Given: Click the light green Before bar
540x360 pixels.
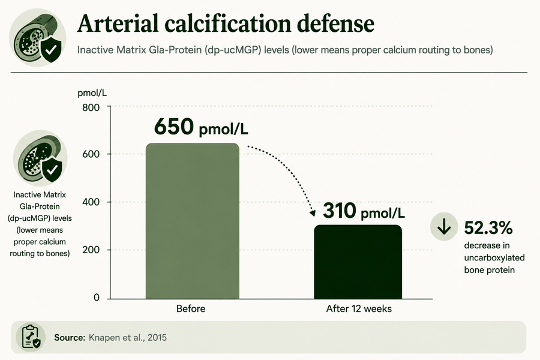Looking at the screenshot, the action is [193, 221].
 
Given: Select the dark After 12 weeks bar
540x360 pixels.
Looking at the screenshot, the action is [358, 262].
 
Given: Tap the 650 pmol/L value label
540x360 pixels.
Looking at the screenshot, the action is [201, 127].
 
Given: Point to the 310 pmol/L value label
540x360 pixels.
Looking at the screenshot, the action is [364, 211].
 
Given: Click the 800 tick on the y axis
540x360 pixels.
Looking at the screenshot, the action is [91, 108].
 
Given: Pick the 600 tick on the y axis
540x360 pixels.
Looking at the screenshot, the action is [91, 154].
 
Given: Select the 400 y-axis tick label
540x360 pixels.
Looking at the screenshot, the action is [91, 202].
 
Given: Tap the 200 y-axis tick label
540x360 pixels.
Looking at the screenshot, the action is [91, 250].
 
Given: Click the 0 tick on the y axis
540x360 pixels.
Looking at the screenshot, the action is [97, 298].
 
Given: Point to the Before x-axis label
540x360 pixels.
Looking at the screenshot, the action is [191, 308].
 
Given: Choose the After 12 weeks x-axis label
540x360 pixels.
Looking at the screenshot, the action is [359, 308].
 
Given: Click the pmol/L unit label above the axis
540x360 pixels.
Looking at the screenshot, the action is [92, 93].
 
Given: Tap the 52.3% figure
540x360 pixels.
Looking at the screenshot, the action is [488, 228].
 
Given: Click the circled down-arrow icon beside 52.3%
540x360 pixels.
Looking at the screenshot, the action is [444, 226].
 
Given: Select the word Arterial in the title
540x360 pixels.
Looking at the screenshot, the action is [118, 23].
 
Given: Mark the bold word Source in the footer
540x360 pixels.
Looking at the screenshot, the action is [70, 337].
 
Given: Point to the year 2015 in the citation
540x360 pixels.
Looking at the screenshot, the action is [157, 337].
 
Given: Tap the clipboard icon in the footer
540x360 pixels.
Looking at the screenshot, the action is [31, 337].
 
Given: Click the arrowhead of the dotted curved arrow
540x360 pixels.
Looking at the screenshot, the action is [313, 213].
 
